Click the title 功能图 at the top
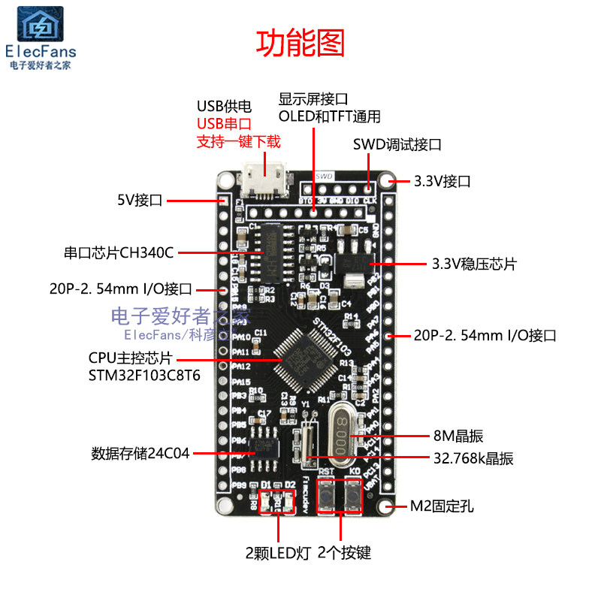[x=300, y=44]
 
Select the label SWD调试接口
[x=396, y=144]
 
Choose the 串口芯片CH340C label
[x=119, y=252]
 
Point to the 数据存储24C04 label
[x=140, y=454]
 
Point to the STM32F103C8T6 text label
[x=144, y=375]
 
